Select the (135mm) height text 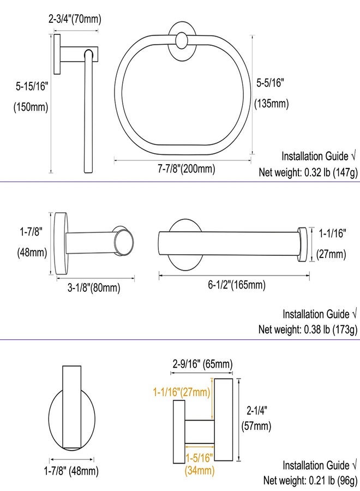tap(272, 103)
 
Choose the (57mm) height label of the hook tap(256, 426)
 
